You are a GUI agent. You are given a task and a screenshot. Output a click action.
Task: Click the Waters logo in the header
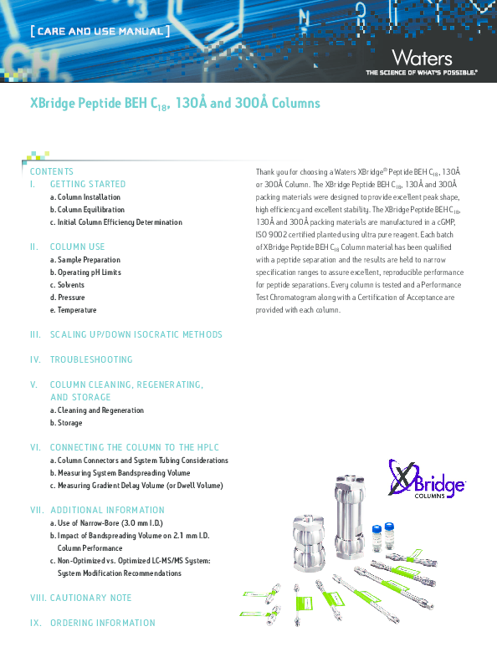pyautogui.click(x=422, y=58)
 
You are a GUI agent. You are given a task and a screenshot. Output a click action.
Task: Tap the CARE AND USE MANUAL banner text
pyautogui.click(x=100, y=32)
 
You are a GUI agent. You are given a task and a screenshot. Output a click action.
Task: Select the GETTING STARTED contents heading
pyautogui.click(x=88, y=184)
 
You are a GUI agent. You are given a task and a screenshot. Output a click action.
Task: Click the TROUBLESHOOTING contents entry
pyautogui.click(x=91, y=359)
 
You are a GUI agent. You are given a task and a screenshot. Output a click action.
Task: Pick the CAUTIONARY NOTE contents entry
pyautogui.click(x=90, y=598)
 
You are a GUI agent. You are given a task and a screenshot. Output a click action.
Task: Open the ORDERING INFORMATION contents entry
pyautogui.click(x=102, y=623)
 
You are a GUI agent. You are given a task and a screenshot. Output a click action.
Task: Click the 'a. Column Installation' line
pyautogui.click(x=85, y=197)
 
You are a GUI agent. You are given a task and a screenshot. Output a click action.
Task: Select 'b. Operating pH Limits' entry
pyautogui.click(x=85, y=272)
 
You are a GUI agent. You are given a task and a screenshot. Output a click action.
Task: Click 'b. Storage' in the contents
pyautogui.click(x=66, y=423)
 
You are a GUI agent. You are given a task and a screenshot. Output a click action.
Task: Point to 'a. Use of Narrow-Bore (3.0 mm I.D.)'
pyautogui.click(x=109, y=522)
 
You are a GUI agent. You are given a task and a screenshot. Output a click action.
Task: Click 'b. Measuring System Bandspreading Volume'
pyautogui.click(x=120, y=473)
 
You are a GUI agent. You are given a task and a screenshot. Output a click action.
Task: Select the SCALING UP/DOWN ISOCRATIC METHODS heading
pyautogui.click(x=136, y=334)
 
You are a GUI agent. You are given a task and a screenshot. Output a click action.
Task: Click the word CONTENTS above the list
pyautogui.click(x=52, y=171)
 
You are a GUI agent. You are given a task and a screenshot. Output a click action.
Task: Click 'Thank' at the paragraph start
pyautogui.click(x=266, y=171)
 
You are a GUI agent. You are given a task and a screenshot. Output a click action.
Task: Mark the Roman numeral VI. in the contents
pyautogui.click(x=35, y=447)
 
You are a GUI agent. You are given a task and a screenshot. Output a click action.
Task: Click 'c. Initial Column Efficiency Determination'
pyautogui.click(x=115, y=222)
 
